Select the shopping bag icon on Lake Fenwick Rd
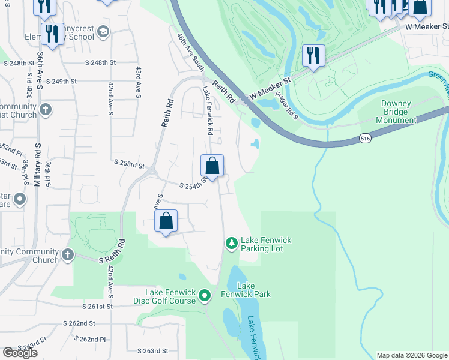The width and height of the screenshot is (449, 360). pos(212,166)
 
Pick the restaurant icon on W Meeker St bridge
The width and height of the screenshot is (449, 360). pos(313,56)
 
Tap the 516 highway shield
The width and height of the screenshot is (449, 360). pos(365,138)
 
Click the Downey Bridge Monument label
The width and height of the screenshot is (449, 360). pos(396,112)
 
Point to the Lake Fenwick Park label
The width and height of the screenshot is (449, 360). pos(253,290)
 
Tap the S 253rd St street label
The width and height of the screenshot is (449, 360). pos(130,163)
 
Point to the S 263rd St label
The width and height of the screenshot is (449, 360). pos(152,351)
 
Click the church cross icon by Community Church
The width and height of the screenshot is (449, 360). pos(67,254)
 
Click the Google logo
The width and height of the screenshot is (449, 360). pos(20,353)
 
